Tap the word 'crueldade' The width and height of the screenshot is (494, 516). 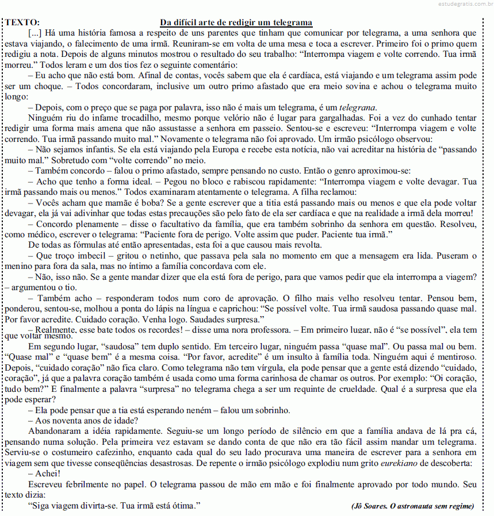tap(347, 389)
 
